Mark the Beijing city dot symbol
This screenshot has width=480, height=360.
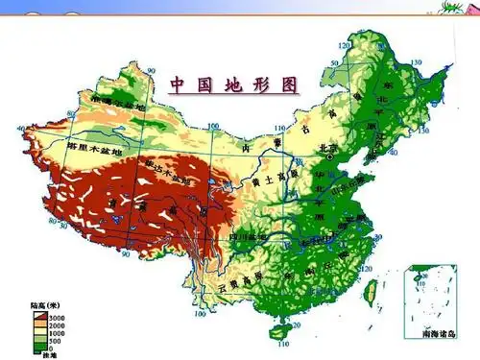coord(330,156)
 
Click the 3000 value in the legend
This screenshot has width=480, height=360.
coord(55,316)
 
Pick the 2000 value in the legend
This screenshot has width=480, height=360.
coord(55,324)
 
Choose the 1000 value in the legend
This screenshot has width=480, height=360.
coord(55,332)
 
